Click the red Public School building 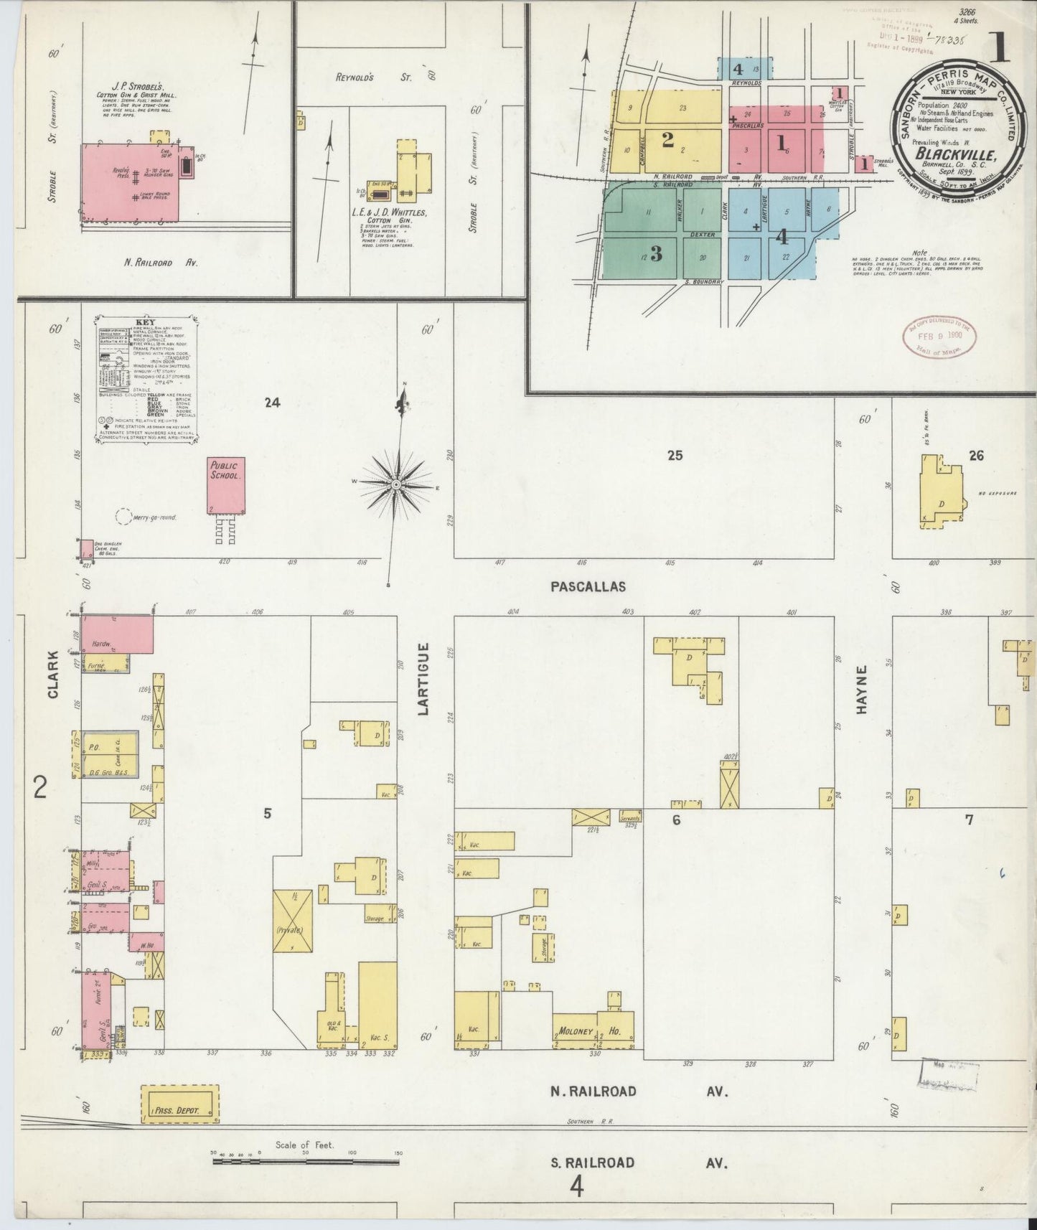click(x=226, y=486)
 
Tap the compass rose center click(x=395, y=486)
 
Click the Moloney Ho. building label click(x=593, y=1032)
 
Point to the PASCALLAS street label click(x=588, y=586)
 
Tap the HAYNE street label click(x=862, y=689)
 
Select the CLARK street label click(x=52, y=675)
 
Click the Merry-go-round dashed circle click(x=123, y=516)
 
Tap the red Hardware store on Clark click(x=116, y=634)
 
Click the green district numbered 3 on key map click(x=655, y=253)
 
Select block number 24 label click(x=271, y=403)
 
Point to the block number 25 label click(x=675, y=455)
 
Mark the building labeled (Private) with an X click(x=292, y=921)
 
